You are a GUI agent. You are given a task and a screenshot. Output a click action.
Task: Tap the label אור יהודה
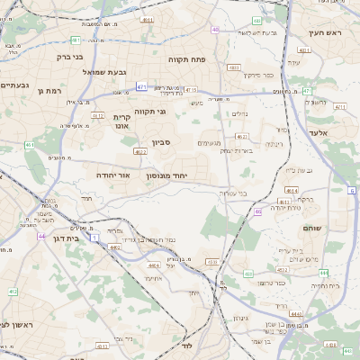coord(113,175)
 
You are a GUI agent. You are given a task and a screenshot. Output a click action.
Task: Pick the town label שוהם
coord(313,228)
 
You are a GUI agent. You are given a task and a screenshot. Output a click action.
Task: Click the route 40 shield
coord(215,30)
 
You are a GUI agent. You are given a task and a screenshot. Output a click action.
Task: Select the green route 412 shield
coord(13,292)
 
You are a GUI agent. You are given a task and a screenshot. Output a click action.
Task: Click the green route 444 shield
coord(324,273)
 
